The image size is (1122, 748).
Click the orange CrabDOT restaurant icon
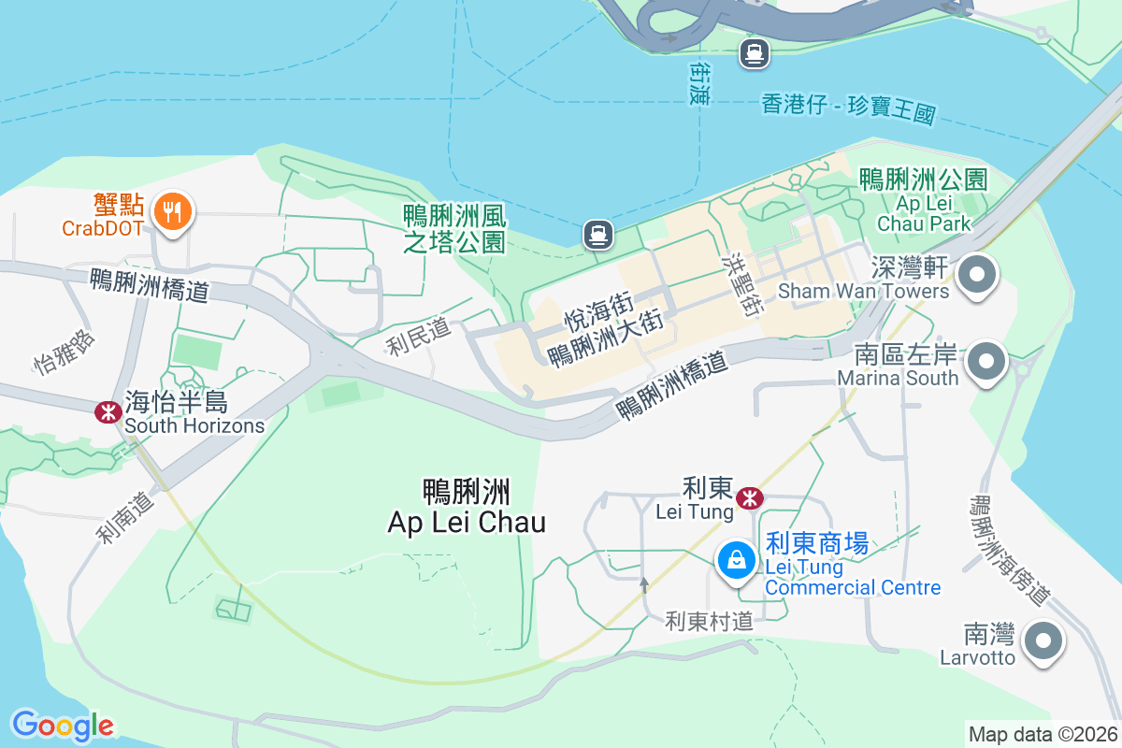tap(171, 211)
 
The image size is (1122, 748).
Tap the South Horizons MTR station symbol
tap(108, 411)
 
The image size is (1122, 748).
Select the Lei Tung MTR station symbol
tap(749, 498)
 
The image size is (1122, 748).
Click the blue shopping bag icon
tap(737, 560)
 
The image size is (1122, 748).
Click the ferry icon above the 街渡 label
tap(754, 52)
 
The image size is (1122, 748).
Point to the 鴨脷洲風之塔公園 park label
tap(455, 229)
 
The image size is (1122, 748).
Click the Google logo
tap(63, 725)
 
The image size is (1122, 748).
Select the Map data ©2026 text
tap(1043, 734)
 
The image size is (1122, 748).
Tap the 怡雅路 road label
tap(65, 351)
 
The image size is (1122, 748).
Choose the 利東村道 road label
tap(709, 620)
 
